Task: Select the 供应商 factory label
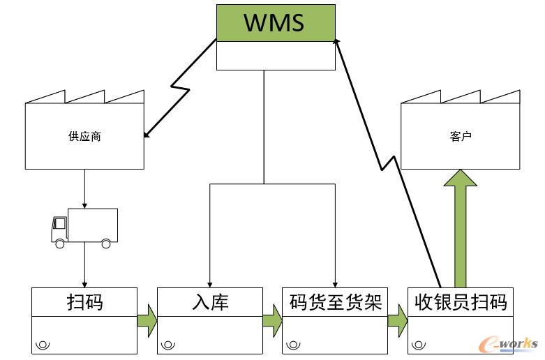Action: (x=84, y=136)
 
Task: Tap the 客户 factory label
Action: (x=460, y=137)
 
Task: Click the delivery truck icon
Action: (x=84, y=227)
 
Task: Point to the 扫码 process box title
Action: (x=84, y=302)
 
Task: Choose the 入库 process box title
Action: (x=209, y=302)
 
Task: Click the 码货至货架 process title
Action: (x=335, y=302)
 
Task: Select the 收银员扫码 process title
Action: (x=461, y=302)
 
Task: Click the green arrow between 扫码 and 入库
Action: (x=147, y=321)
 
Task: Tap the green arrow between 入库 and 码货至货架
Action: (x=272, y=321)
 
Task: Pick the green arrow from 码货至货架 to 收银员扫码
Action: (x=397, y=321)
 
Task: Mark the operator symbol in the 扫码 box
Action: (x=43, y=344)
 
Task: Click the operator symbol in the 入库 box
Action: (x=169, y=344)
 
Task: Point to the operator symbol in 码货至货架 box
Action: (x=294, y=344)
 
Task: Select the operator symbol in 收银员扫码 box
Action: (x=419, y=344)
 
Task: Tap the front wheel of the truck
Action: (x=60, y=243)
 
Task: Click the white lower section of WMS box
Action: (x=276, y=55)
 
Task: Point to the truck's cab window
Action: (x=60, y=225)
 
